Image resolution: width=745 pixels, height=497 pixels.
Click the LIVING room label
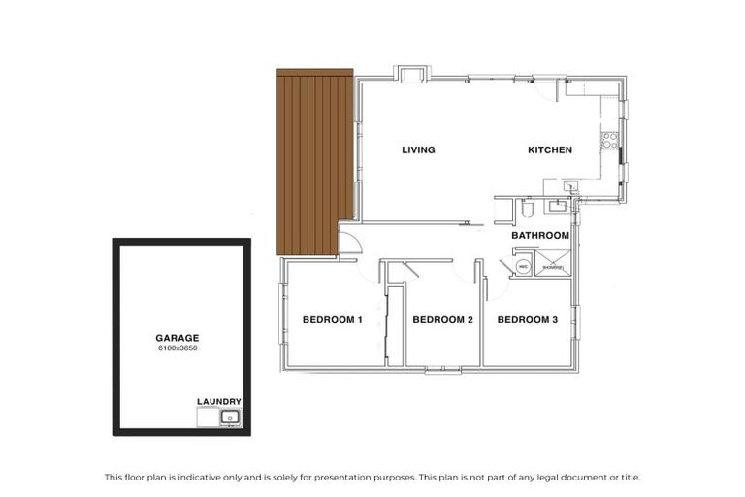tap(418, 150)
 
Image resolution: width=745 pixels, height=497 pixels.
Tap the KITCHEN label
tap(549, 150)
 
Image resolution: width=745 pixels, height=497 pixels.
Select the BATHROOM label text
tap(539, 236)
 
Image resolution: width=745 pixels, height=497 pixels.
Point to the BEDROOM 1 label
tap(332, 320)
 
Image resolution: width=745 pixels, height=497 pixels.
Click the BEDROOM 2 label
tap(442, 320)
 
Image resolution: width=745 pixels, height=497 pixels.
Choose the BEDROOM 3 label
tap(527, 320)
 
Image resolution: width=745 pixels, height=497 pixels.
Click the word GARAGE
tap(177, 338)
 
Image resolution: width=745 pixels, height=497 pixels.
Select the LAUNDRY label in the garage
tap(218, 401)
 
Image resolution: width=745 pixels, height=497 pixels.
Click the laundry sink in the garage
tap(229, 418)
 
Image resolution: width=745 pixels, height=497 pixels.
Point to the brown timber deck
tap(314, 160)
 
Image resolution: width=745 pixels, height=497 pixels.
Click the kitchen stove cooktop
tap(610, 141)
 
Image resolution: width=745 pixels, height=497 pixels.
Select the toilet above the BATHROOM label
tap(527, 208)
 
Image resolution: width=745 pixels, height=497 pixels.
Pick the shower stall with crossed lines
tap(554, 263)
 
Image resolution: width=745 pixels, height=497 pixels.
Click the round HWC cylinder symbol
tap(523, 265)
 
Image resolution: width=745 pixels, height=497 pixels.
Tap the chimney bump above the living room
tap(410, 74)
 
